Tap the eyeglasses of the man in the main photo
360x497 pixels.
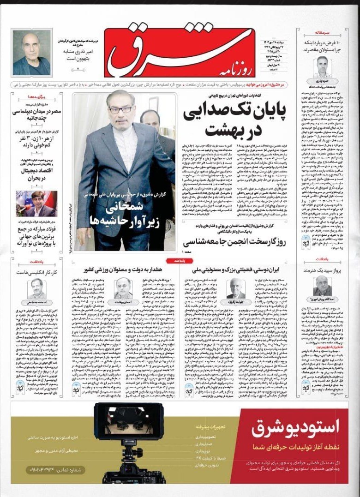point(120,109)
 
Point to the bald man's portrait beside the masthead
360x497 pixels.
point(31,53)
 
